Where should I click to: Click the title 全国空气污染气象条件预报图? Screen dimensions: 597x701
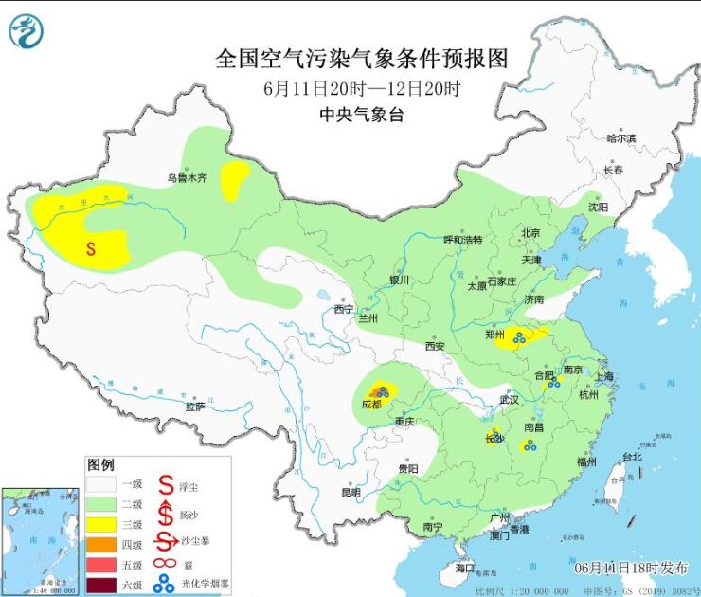363,59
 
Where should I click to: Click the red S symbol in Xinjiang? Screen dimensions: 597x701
91,249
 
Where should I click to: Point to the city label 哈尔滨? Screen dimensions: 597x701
621,138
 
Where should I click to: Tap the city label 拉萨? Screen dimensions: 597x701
194,407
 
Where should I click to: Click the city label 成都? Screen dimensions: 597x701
371,404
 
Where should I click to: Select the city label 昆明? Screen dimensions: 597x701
350,492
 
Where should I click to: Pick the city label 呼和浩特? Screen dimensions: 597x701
463,240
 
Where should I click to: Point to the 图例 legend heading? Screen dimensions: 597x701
100,465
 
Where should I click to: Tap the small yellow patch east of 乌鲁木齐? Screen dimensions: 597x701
234,180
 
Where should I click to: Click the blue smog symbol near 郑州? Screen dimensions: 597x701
519,335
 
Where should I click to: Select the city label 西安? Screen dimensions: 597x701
435,346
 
